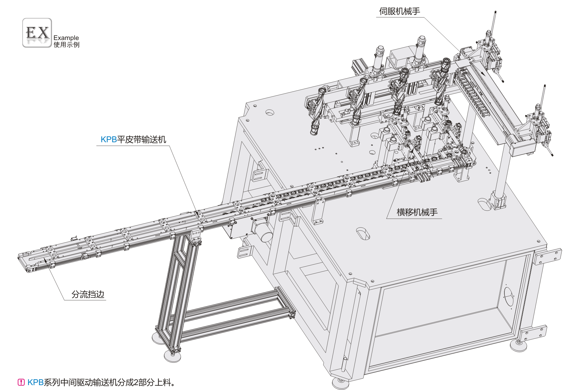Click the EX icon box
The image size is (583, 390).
click(37, 33)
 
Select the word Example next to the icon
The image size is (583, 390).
click(66, 38)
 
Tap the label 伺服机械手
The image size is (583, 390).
click(399, 11)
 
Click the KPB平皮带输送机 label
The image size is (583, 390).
click(133, 140)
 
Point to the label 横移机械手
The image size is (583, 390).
click(417, 212)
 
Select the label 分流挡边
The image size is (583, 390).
click(88, 295)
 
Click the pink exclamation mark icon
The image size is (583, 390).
click(21, 382)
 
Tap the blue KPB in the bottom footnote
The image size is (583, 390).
click(35, 382)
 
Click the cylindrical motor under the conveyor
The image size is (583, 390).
click(264, 234)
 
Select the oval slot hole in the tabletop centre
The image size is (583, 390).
click(363, 233)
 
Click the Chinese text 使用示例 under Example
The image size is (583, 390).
click(66, 45)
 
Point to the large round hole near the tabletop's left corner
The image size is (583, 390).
click(270, 113)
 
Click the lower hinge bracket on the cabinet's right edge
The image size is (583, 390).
click(534, 333)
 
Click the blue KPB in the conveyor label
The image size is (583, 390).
click(108, 140)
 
